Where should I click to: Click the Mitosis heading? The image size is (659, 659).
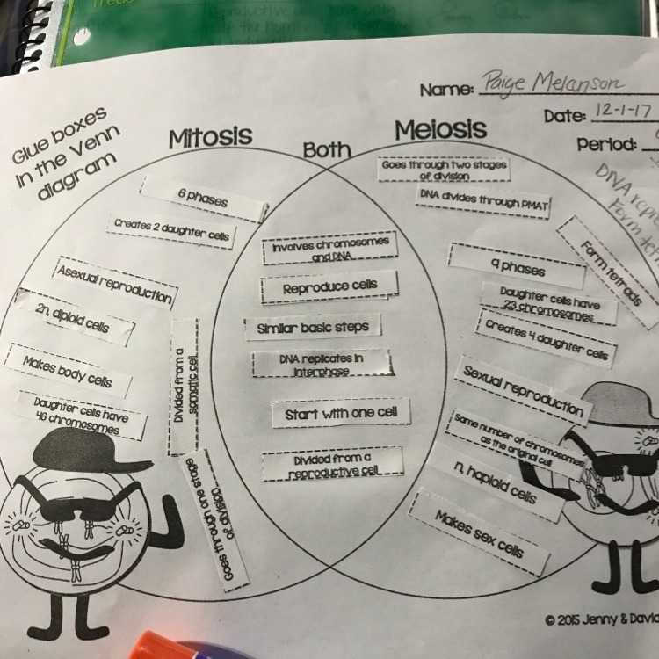210,137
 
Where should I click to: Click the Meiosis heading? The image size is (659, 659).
440,130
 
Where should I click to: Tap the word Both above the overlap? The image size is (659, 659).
327,150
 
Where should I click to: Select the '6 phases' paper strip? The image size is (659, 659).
205,199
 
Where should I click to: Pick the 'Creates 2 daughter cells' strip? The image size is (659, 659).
171,231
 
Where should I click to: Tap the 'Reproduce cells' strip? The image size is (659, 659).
329,287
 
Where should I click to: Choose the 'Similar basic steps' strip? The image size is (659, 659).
313,327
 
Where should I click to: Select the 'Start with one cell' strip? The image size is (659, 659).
341,413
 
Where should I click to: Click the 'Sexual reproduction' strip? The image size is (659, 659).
523,390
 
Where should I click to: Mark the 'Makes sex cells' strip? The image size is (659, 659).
479,533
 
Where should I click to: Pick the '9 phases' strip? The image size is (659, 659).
517,265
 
